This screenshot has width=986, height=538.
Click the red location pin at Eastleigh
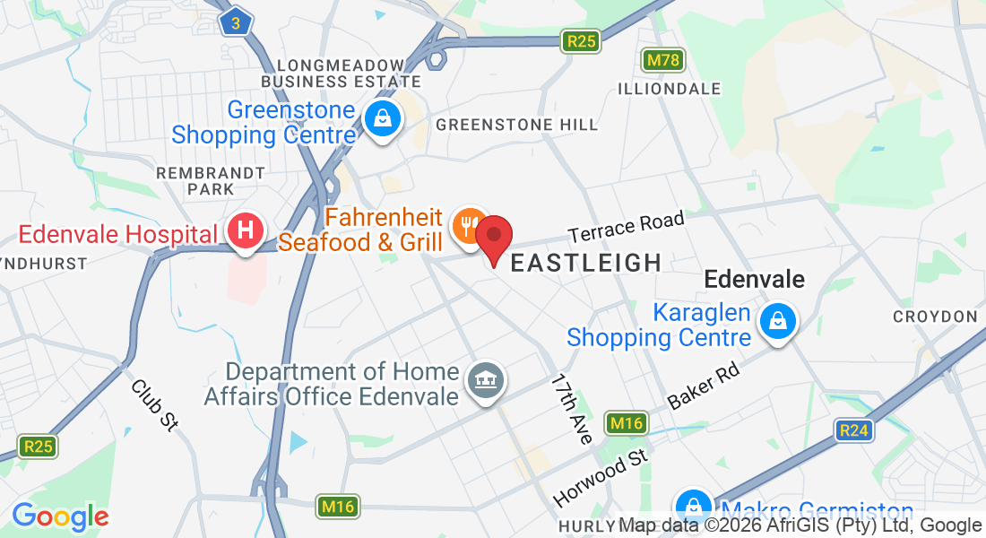[x=493, y=237]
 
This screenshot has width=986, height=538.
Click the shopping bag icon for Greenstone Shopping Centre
[x=383, y=119]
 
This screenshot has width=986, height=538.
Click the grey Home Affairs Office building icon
[x=486, y=382]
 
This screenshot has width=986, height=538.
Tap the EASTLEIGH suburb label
[x=585, y=263]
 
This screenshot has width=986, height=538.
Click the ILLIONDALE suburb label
[x=670, y=89]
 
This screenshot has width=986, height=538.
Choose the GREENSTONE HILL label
[x=516, y=126]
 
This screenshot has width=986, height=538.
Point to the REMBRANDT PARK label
[x=211, y=180]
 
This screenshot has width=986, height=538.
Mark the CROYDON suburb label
[x=935, y=317]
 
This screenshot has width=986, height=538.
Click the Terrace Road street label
[x=626, y=227]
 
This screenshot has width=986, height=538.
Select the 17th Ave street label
[x=572, y=409]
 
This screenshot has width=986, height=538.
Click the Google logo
[x=60, y=516]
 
